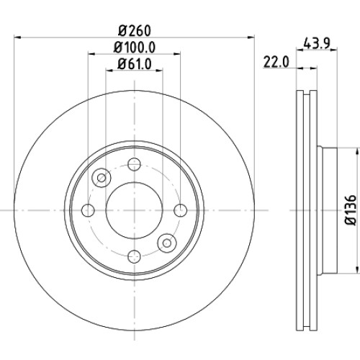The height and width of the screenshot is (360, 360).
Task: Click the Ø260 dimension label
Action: tap(135, 30)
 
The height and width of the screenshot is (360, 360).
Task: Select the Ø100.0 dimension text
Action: tap(135, 48)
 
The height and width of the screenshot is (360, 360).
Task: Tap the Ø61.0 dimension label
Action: tap(135, 63)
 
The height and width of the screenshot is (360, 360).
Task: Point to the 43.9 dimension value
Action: tap(317, 44)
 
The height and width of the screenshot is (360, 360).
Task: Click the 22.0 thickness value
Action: tap(276, 62)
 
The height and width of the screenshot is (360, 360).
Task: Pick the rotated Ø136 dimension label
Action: tap(351, 210)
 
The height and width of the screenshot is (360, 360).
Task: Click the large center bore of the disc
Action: tap(134, 211)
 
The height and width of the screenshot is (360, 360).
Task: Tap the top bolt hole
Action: tap(134, 164)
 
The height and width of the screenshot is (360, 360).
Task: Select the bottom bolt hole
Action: tap(134, 256)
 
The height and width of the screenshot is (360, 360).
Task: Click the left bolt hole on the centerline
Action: tap(88, 210)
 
